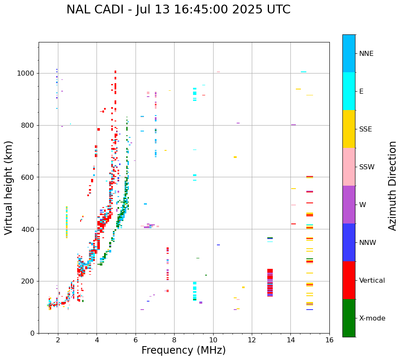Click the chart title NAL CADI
tap(178, 10)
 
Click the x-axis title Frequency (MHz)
tap(183, 350)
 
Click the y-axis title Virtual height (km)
tap(9, 187)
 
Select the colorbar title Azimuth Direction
tap(392, 185)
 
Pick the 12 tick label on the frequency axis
tap(252, 340)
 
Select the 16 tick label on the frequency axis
tap(329, 340)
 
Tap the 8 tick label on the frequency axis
tap(174, 340)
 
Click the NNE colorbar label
tap(366, 54)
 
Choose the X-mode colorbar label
tap(372, 318)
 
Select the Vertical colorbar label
tap(372, 281)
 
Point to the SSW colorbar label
tap(367, 167)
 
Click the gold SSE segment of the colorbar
tap(349, 129)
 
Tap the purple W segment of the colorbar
tap(349, 205)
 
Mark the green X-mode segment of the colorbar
tap(349, 318)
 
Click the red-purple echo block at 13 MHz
tap(270, 283)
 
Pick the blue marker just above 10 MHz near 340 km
tap(218, 245)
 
